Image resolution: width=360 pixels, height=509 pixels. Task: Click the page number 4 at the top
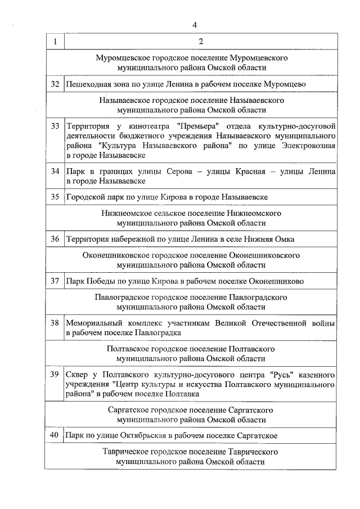pos(194,25)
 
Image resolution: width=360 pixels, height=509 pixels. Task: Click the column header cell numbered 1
pos(55,42)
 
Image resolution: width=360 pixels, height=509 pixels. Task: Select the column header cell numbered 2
pos(201,42)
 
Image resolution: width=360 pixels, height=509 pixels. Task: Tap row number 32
pos(55,84)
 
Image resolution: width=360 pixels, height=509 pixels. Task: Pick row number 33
pos(55,125)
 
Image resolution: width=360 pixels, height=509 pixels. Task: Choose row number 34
pos(55,172)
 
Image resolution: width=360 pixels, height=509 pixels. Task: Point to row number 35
pos(55,197)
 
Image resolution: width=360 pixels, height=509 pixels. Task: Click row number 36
pos(55,239)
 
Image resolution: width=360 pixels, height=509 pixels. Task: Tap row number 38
pos(55,323)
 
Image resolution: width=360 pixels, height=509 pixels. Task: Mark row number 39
pos(55,374)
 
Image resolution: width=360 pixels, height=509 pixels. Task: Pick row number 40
pos(55,435)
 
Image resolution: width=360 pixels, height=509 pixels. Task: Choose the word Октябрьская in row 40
pos(143,435)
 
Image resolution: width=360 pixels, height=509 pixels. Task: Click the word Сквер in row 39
pos(76,374)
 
